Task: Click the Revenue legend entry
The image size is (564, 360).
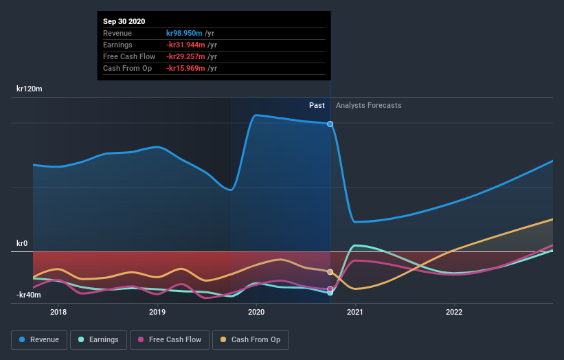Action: (x=40, y=339)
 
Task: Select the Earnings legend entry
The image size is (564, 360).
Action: (x=98, y=339)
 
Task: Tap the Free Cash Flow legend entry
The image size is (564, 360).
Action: (x=169, y=339)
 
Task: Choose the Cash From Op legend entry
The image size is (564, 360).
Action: (x=250, y=339)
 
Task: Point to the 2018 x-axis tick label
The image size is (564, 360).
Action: (x=58, y=311)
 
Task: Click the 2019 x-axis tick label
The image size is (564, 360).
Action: (x=157, y=311)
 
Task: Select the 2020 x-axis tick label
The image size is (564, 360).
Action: (x=256, y=311)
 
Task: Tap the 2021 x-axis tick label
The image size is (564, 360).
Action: (x=355, y=311)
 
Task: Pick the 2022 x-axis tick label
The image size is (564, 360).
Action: (x=454, y=311)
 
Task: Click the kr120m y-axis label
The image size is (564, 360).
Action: (x=30, y=89)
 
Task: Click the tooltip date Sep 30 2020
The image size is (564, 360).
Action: (x=124, y=22)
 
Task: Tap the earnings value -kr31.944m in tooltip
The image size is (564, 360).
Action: (x=186, y=45)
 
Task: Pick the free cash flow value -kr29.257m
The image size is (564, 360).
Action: (x=186, y=56)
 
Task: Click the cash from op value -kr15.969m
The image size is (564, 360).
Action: (x=186, y=68)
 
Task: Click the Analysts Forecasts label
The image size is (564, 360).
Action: (x=369, y=105)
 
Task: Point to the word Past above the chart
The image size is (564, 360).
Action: (x=317, y=105)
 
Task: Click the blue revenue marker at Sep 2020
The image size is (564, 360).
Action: (x=330, y=124)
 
